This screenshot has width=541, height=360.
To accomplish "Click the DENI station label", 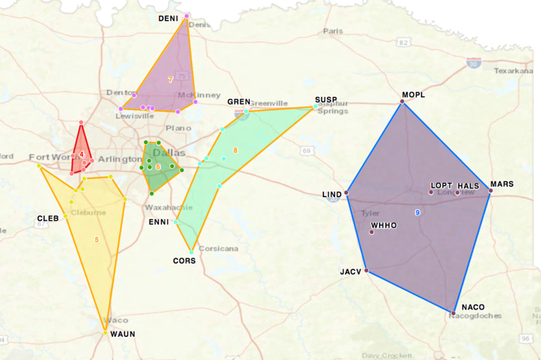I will (169, 18).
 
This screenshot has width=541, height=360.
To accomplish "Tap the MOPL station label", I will (414, 95).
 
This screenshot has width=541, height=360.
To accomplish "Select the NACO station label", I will (473, 307).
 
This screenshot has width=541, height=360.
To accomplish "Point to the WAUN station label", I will (122, 334).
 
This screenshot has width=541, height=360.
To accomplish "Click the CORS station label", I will (184, 260).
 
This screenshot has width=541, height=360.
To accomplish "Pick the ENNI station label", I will (158, 222).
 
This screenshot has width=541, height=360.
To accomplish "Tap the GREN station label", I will (238, 102).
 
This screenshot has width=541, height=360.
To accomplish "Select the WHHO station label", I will (383, 225).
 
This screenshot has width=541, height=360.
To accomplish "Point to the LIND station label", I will (332, 194).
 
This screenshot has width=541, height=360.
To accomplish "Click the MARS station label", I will (502, 184).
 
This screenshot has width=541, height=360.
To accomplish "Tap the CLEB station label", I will (48, 218).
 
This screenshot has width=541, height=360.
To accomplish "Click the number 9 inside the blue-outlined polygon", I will (418, 212).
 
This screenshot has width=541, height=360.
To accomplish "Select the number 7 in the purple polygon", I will (171, 79).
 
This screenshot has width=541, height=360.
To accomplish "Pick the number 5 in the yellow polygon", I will (97, 238).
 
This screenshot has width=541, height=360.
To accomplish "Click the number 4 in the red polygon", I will (82, 155).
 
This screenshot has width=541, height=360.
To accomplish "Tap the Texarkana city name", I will (512, 71).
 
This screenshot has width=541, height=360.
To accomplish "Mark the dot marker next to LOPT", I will (432, 192).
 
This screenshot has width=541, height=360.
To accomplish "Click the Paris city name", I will (333, 31).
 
